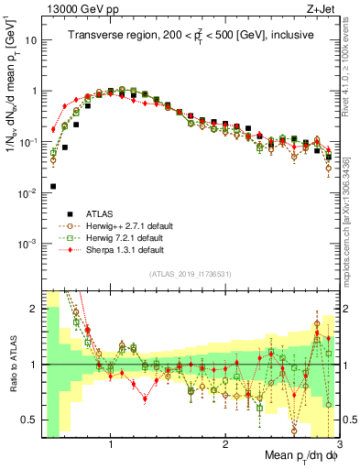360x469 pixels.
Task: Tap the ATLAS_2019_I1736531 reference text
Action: (x=191, y=274)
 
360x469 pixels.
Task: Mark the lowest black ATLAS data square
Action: (x=53, y=186)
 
